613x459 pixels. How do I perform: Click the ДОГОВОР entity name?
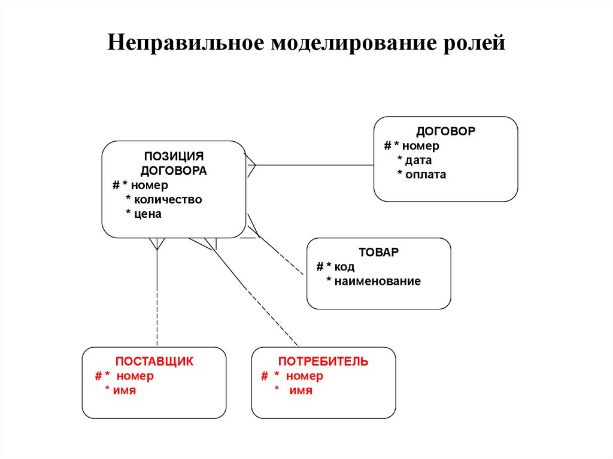[445, 131]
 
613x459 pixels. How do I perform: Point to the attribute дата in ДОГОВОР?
[418, 160]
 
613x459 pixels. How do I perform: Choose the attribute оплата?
[425, 175]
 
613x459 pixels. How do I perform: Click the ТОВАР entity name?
[378, 252]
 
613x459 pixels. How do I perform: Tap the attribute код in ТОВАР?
[344, 267]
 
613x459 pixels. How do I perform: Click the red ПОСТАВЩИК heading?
[154, 361]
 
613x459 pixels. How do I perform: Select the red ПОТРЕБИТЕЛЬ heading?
[323, 361]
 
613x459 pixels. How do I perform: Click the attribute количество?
[168, 199]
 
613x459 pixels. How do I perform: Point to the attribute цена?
[147, 214]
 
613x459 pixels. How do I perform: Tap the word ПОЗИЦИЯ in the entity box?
[174, 156]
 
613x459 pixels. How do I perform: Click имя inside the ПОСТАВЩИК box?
[125, 391]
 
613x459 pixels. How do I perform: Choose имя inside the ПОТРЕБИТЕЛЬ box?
[301, 391]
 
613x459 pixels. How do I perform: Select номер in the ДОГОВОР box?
[420, 145]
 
